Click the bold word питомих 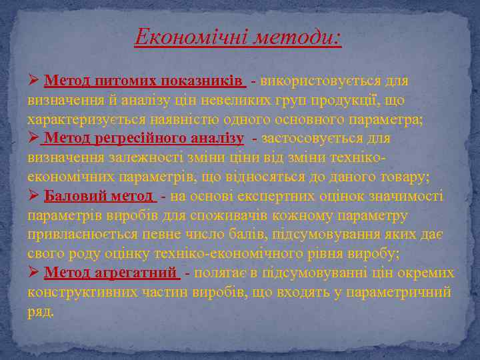click(115, 81)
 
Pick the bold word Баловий click(71, 197)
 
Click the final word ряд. click(41, 312)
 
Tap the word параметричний click(406, 293)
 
